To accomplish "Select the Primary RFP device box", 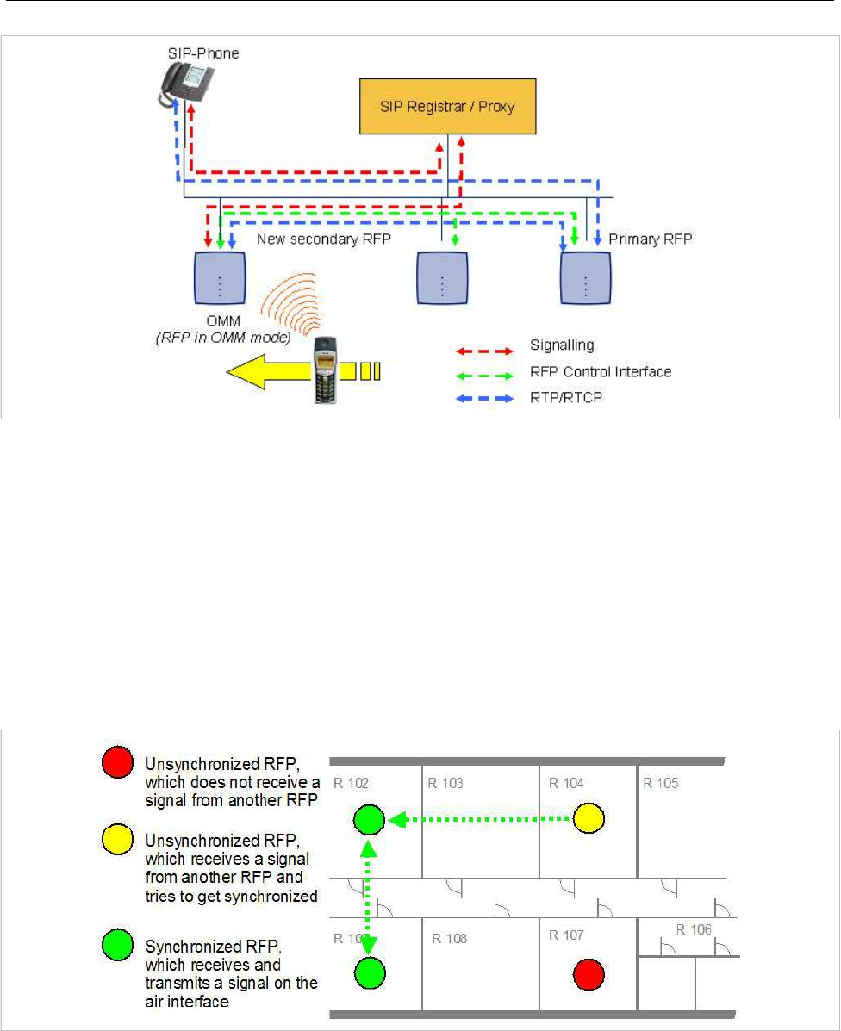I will click(587, 278).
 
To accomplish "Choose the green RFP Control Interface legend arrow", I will click(485, 372).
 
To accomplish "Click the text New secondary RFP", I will click(324, 239).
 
